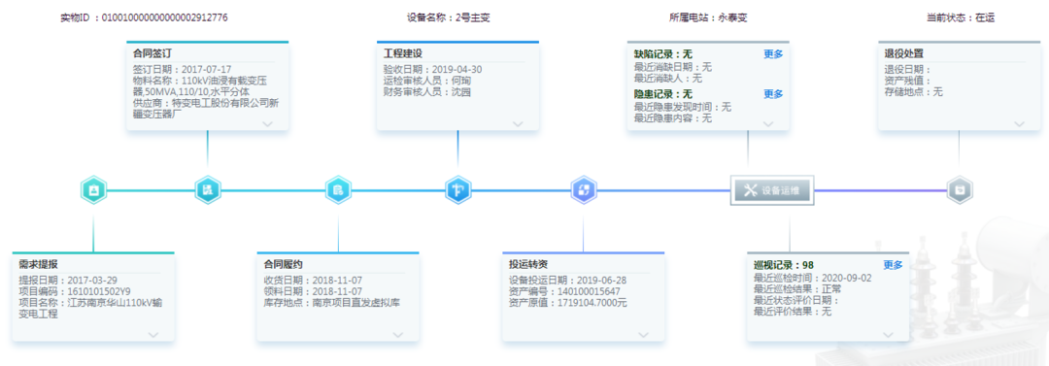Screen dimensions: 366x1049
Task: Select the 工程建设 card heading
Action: (404, 54)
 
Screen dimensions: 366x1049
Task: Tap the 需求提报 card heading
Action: (39, 264)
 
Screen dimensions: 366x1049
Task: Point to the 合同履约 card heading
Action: (284, 264)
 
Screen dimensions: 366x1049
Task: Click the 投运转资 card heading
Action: (528, 264)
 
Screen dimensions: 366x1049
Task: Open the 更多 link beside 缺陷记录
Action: (773, 54)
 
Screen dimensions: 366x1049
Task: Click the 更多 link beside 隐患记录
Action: (773, 94)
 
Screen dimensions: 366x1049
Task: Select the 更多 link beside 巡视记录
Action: (893, 265)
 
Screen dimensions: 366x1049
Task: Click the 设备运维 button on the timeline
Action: (771, 190)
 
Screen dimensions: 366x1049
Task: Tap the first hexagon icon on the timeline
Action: (93, 190)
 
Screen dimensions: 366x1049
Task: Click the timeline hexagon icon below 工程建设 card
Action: (458, 190)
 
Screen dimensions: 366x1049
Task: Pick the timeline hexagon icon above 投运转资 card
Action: (583, 190)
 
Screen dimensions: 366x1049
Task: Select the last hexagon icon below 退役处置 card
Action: (959, 190)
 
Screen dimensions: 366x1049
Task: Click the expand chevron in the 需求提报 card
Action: (153, 335)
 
